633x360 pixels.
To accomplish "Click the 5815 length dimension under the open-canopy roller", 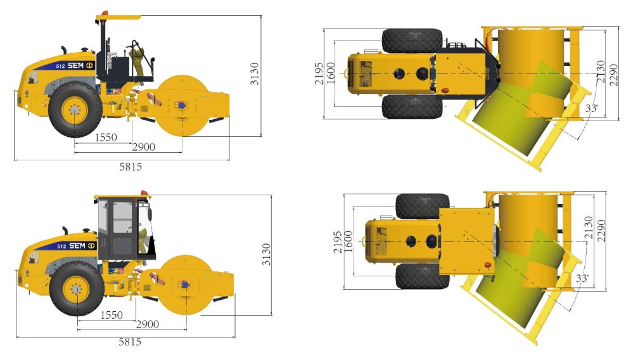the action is click(x=131, y=166).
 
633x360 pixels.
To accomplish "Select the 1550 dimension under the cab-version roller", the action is click(x=112, y=315).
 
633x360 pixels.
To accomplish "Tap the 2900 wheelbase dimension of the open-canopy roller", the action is click(x=144, y=147).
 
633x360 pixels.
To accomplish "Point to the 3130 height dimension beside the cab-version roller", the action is click(x=266, y=254).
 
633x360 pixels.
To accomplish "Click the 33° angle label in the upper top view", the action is click(x=592, y=108).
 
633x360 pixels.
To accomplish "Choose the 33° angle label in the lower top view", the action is click(x=582, y=278).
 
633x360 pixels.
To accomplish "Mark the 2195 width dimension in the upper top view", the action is click(x=319, y=74).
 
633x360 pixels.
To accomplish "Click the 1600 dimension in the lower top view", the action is click(x=348, y=242).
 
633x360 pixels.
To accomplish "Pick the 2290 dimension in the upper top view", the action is click(x=613, y=75).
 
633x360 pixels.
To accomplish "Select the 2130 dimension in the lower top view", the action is click(x=588, y=228).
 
